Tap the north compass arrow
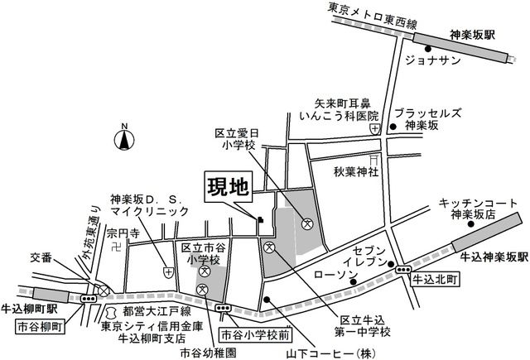[123, 138]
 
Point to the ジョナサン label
[431, 61]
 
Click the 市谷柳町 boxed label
[39, 326]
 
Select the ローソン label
[335, 273]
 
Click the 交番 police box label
[40, 257]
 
